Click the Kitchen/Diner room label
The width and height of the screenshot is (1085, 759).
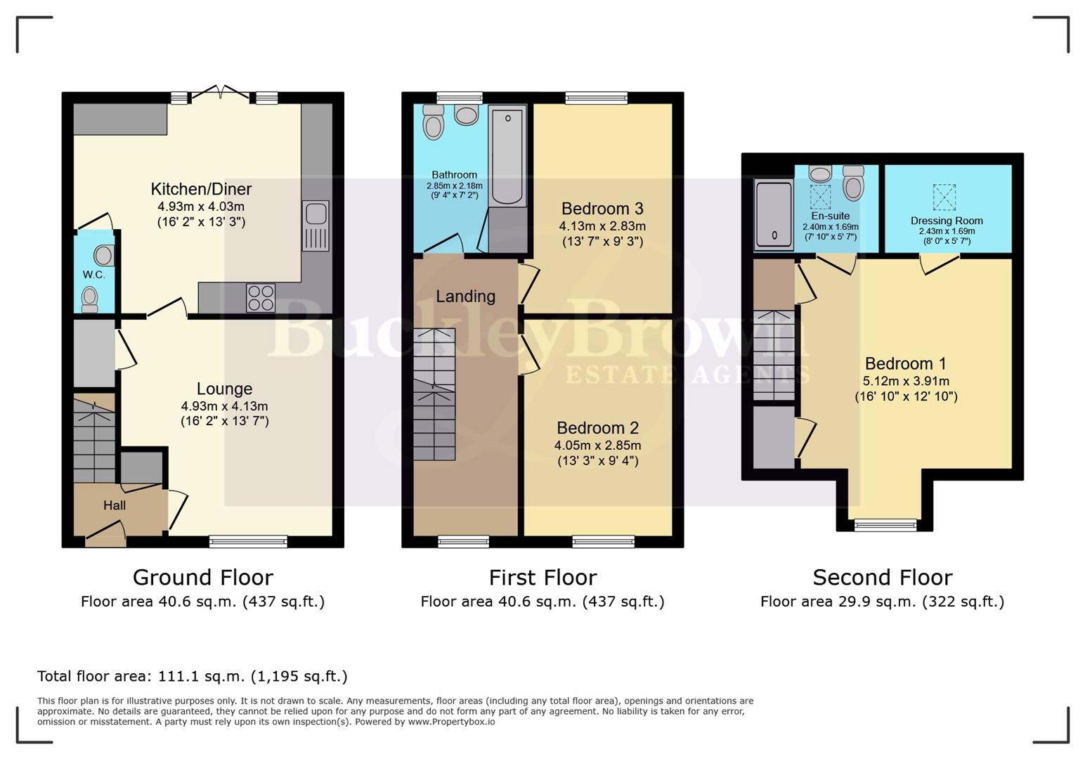pyautogui.click(x=201, y=189)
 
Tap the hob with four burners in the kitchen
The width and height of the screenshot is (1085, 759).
pyautogui.click(x=260, y=297)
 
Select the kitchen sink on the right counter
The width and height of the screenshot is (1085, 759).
pyautogui.click(x=316, y=226)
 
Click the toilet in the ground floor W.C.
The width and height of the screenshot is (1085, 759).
pyautogui.click(x=89, y=299)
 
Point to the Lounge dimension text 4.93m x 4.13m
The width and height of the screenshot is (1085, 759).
pyautogui.click(x=224, y=406)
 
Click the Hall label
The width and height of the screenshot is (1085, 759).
pyautogui.click(x=115, y=505)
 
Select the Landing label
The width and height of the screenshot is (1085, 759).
pyautogui.click(x=465, y=297)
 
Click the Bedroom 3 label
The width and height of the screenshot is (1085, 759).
pyautogui.click(x=602, y=209)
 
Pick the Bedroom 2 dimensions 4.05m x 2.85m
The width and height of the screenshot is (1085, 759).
pyautogui.click(x=597, y=445)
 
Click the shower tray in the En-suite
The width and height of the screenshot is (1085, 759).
pyautogui.click(x=773, y=215)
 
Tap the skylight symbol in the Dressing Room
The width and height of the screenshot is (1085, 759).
pyautogui.click(x=944, y=197)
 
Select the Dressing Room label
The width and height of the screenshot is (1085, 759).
pyautogui.click(x=947, y=221)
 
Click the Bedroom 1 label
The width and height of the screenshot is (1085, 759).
pyautogui.click(x=905, y=363)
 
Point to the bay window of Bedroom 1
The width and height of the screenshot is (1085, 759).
pyautogui.click(x=885, y=524)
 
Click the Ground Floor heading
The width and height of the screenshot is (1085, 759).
pyautogui.click(x=202, y=578)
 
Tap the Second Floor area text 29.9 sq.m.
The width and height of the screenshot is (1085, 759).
pyautogui.click(x=882, y=602)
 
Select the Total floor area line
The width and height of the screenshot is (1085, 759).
pyautogui.click(x=192, y=676)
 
